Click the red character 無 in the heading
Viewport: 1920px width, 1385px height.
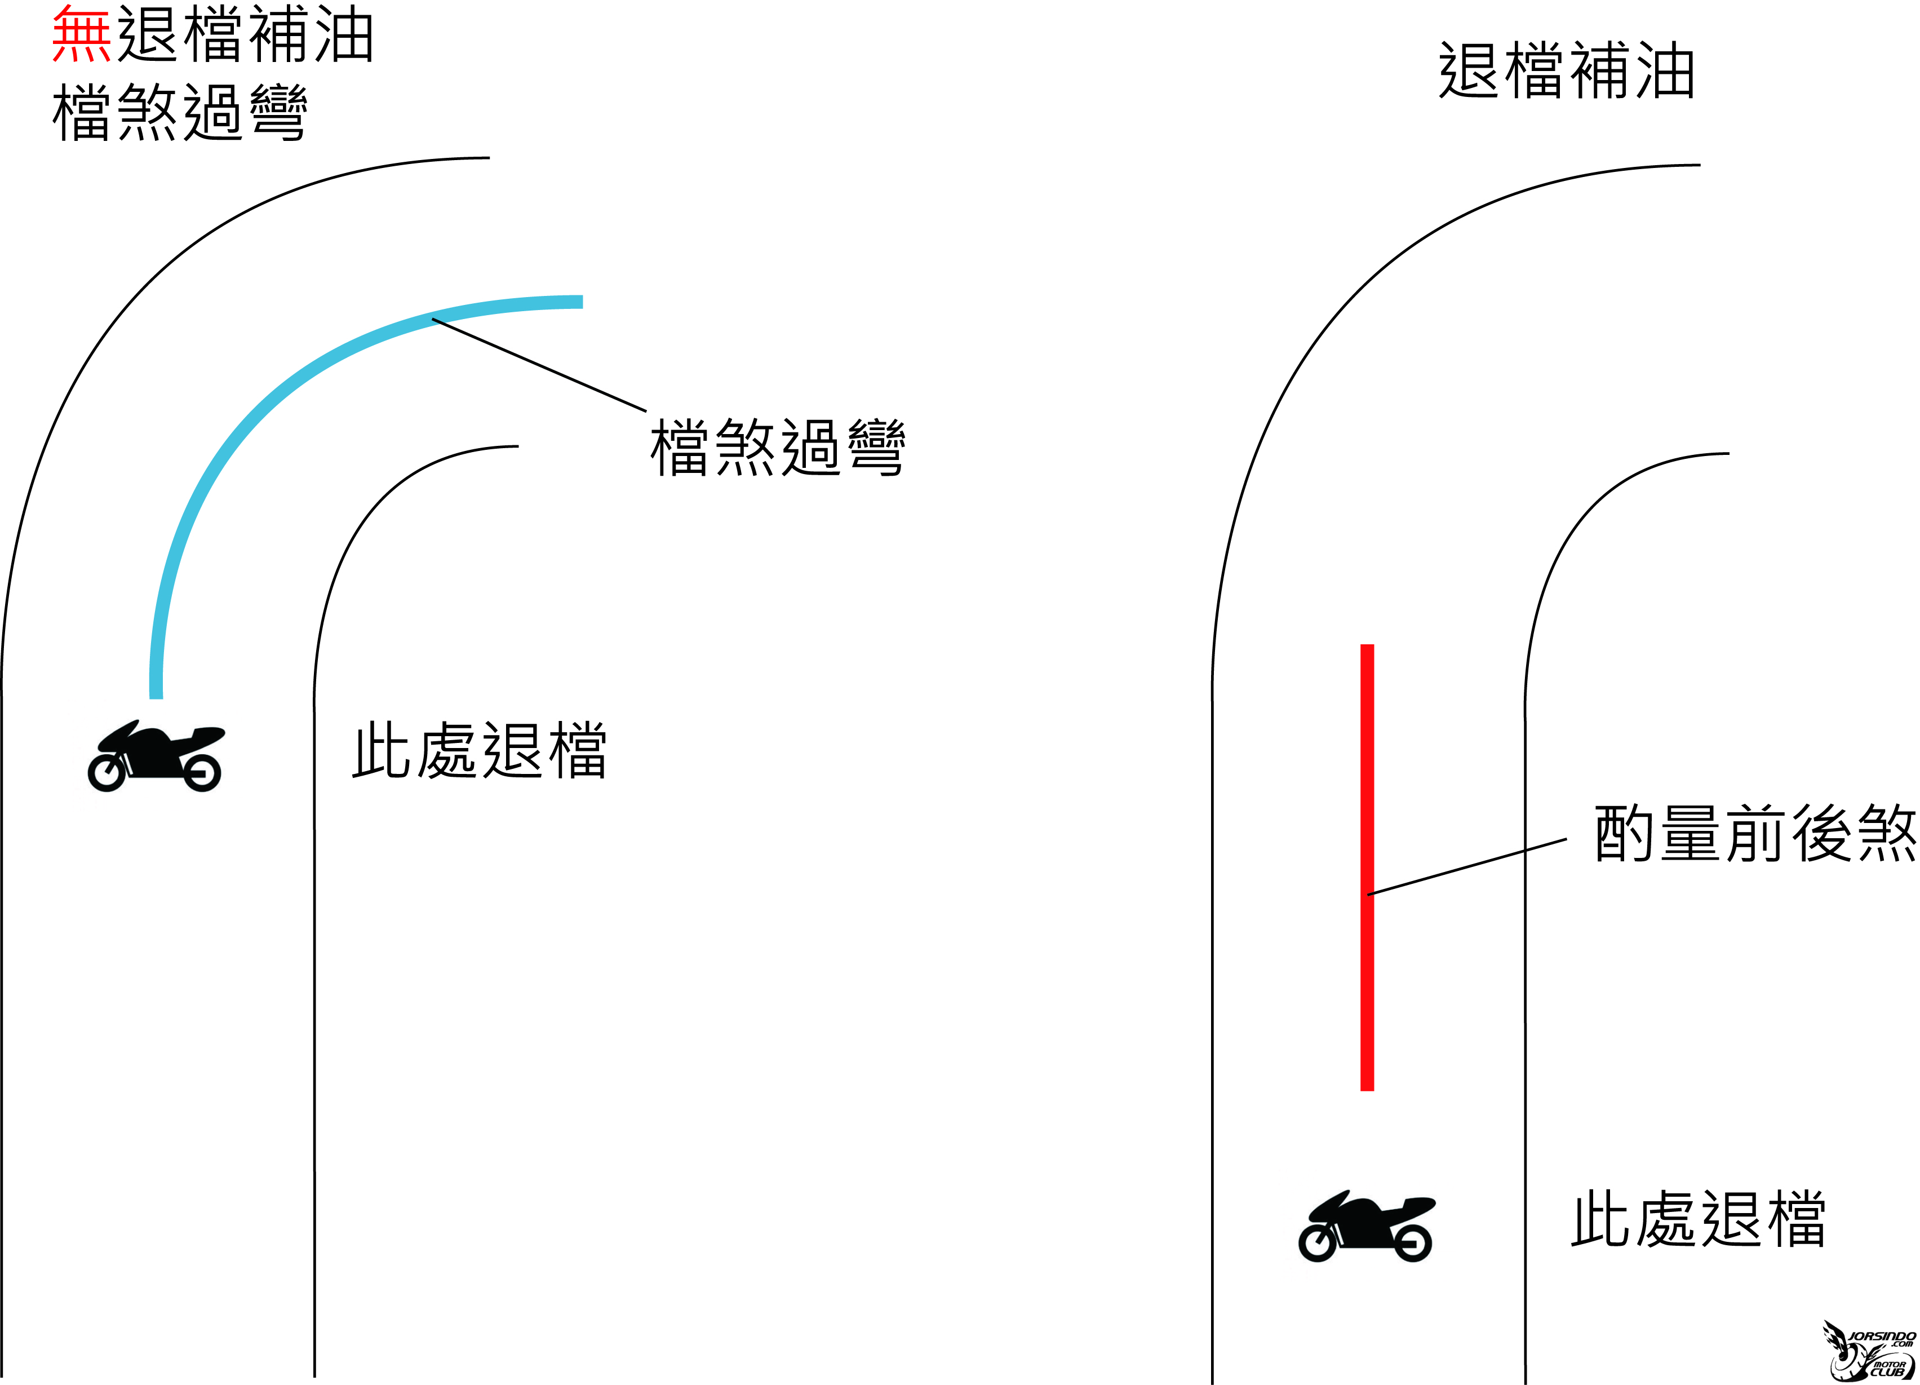81,34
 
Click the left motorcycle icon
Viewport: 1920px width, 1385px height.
155,756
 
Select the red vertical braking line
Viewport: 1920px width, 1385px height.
1367,868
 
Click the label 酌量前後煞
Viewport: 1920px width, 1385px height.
1755,834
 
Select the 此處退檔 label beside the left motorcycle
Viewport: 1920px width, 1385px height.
479,750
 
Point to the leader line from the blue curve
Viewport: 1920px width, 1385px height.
539,365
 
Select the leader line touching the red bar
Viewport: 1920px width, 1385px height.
1467,867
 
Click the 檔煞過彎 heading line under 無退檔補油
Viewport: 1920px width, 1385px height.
179,112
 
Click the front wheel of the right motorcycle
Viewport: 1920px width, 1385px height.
1413,1243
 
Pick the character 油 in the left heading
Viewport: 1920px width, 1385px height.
344,34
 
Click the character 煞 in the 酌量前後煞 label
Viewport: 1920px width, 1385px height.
1886,834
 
